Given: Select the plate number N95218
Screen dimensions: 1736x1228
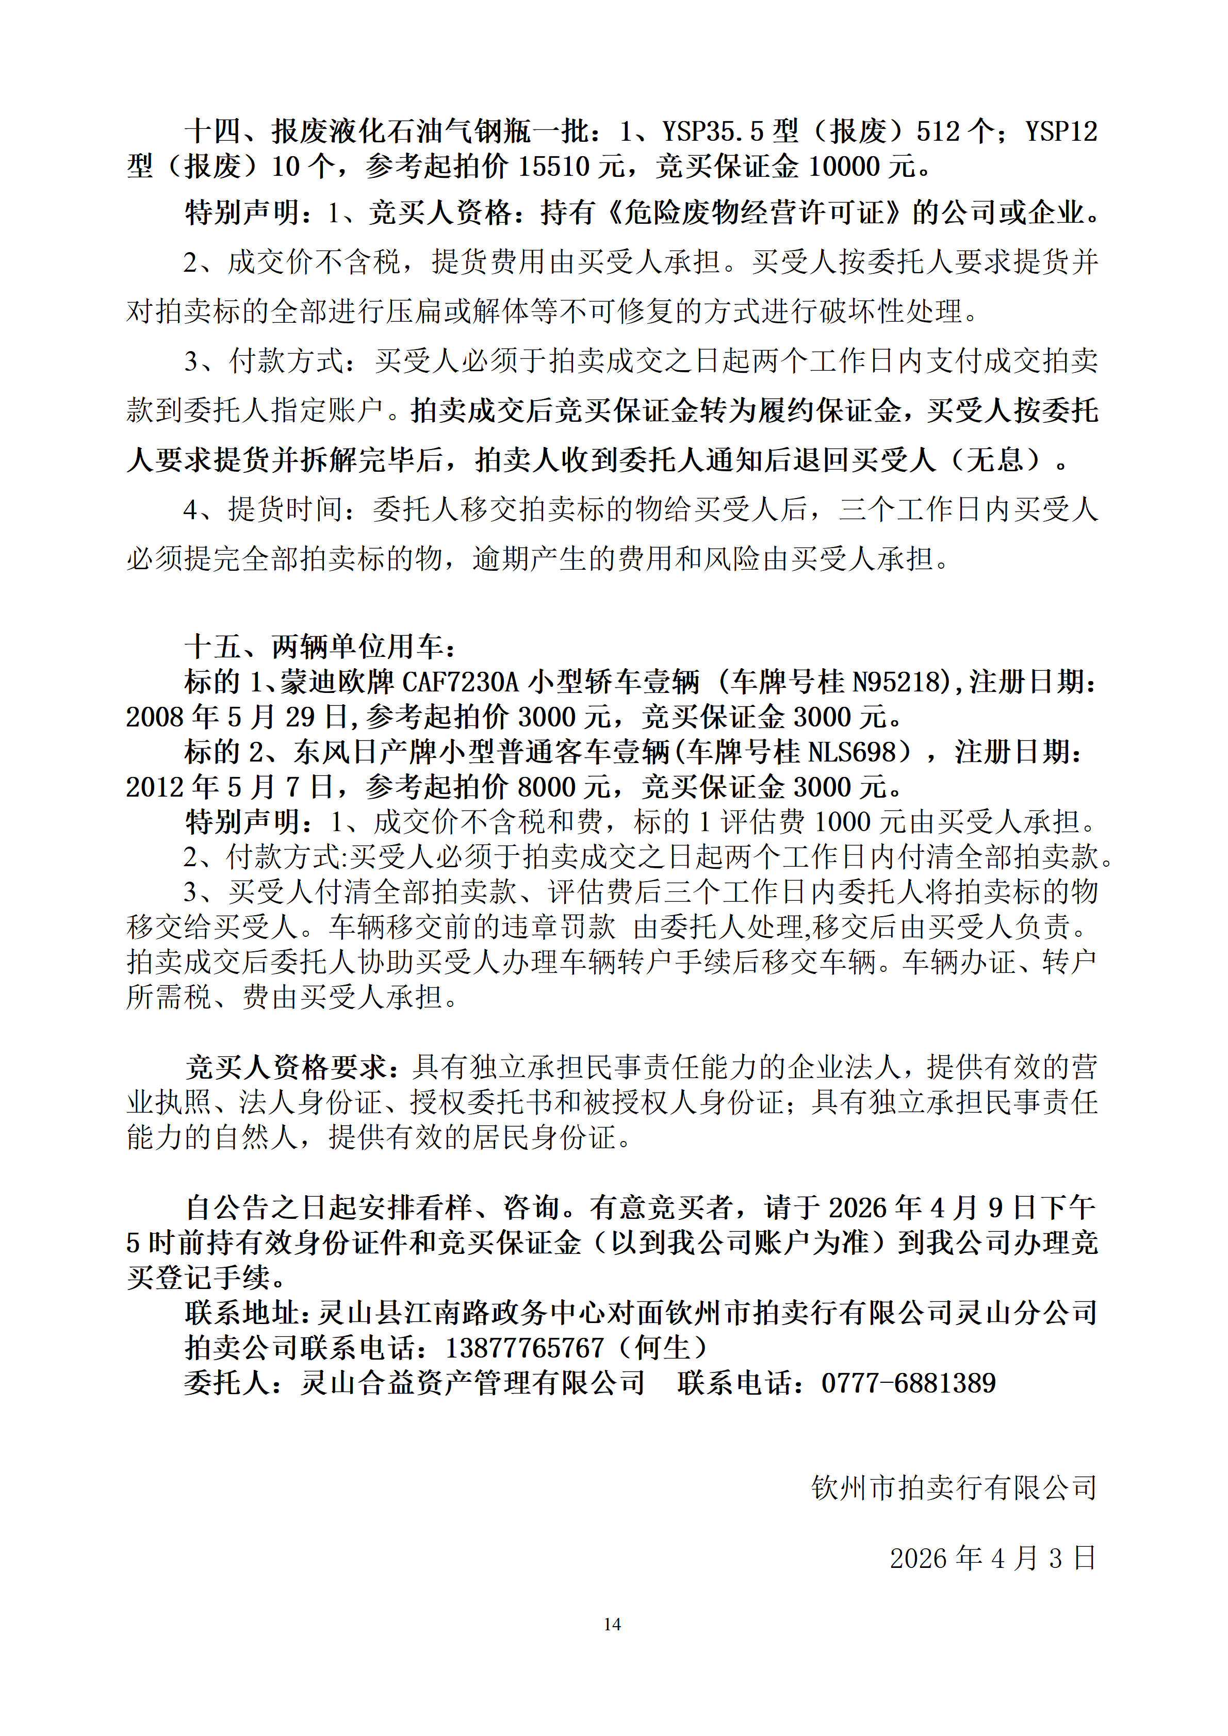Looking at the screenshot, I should [x=900, y=682].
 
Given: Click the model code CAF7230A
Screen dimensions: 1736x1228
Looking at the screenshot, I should [x=460, y=682].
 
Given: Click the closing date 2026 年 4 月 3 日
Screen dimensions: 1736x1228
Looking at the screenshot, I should [x=992, y=1558].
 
